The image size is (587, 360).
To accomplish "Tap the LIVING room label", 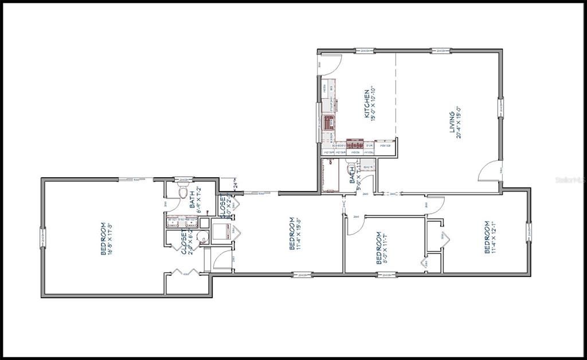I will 452,122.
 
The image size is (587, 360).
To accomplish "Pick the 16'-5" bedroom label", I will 104,238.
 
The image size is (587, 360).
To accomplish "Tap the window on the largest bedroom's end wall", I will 42,238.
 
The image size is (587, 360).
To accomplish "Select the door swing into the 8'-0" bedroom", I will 353,224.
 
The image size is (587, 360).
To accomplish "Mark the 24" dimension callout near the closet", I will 234,185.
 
